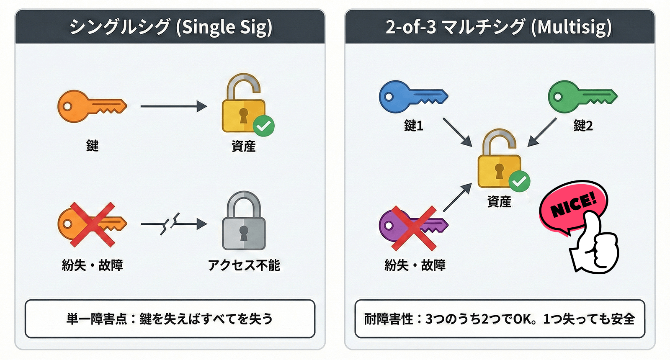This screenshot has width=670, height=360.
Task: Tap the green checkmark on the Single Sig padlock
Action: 263,125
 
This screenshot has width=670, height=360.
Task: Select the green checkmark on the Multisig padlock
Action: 519,181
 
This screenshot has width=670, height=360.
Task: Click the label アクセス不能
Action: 244,265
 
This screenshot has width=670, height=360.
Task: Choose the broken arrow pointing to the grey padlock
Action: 173,224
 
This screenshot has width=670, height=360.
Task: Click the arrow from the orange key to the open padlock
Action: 173,106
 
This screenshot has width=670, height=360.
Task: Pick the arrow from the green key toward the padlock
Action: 542,132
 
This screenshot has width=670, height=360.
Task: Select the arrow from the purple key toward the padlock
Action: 457,198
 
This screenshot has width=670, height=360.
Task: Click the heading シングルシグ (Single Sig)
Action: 170,27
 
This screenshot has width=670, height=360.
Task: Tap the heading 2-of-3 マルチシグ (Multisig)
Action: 499,27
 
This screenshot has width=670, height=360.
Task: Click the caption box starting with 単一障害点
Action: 170,319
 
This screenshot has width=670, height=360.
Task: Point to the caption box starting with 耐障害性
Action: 499,319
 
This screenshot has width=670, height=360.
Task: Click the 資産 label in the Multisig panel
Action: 499,202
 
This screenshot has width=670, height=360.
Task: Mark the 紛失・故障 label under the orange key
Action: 92,265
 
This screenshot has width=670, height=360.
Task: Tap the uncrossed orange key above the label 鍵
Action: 90,106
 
